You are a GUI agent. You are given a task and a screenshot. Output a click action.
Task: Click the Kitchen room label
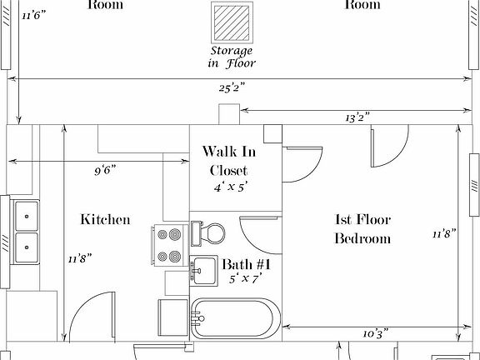tap(105, 220)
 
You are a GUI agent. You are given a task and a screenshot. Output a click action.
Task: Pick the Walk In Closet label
tap(229, 162)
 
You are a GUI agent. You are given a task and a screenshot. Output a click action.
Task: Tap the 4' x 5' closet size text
tap(229, 189)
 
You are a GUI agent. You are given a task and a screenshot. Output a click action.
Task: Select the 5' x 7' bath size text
tap(247, 281)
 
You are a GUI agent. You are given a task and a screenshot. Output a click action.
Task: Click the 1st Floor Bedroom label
tap(362, 229)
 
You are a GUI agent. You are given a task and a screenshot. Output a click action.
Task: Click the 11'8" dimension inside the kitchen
tap(79, 258)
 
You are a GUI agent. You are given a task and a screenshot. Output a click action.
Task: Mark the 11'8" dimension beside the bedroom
tap(441, 233)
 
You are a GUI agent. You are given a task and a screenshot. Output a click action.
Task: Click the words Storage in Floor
tap(232, 56)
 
